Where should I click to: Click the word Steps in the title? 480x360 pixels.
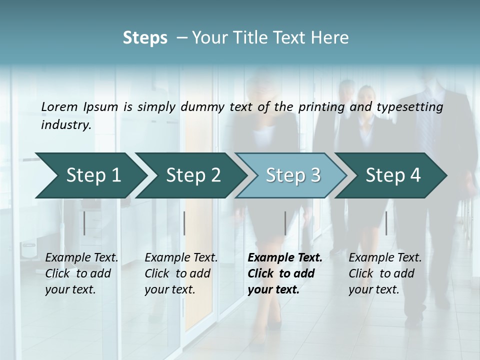[145, 38]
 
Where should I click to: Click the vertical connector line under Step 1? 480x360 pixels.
[84, 223]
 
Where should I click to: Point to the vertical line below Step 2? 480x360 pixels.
[184, 223]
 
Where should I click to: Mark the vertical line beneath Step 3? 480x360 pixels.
[285, 223]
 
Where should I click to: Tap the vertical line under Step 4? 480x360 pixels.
[386, 223]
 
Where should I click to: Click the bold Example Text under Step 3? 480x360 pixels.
[285, 273]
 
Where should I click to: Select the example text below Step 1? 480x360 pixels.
[81, 273]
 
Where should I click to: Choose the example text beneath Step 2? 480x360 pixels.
[181, 273]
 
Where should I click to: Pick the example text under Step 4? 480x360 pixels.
[385, 273]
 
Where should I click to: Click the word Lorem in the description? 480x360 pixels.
[59, 106]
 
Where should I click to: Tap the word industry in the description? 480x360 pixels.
[66, 125]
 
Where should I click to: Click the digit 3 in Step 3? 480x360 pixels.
[315, 175]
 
